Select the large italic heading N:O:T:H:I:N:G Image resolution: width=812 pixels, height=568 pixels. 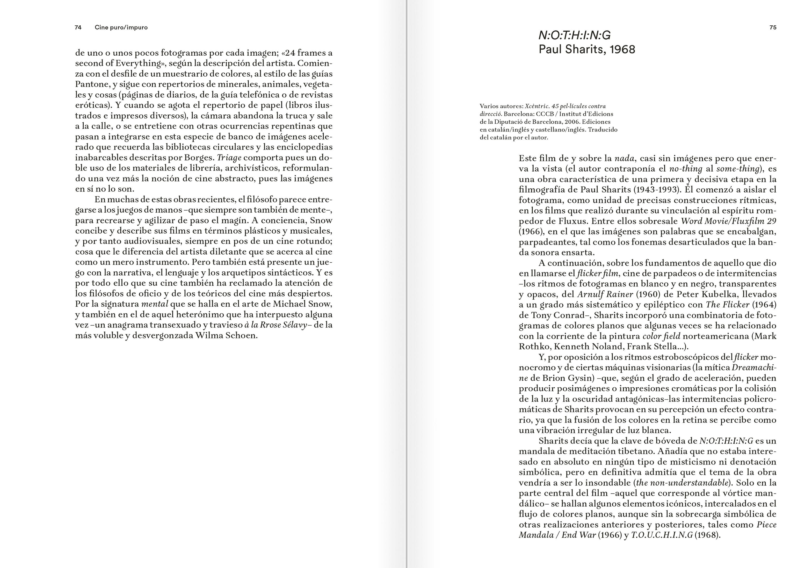[574, 35]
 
